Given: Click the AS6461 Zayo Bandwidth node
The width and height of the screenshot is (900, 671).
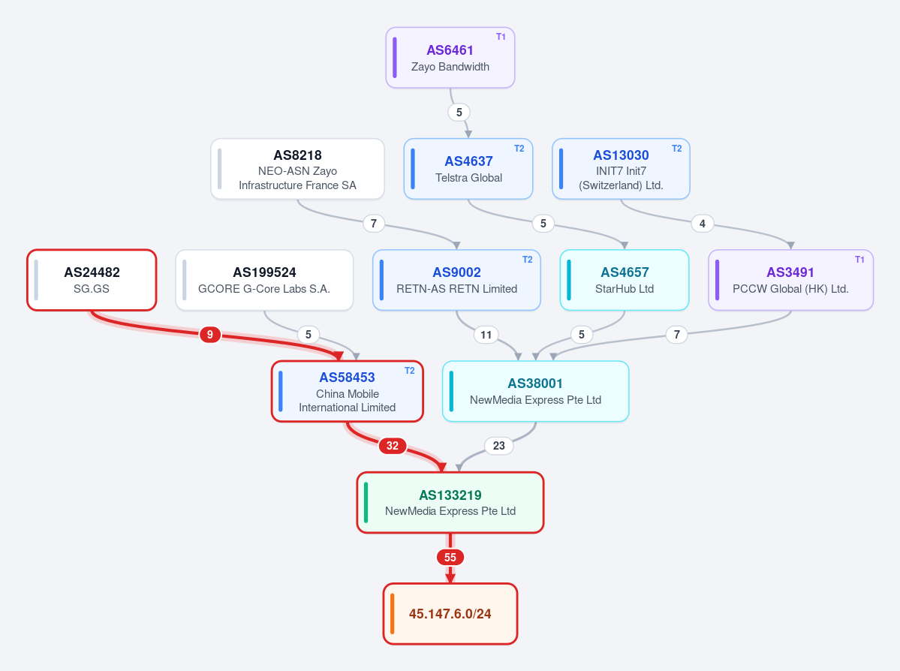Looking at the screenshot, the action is (x=450, y=57).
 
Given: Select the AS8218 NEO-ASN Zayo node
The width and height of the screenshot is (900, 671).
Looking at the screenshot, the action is (x=297, y=169).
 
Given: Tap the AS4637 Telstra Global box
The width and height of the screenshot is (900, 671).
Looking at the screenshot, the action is (x=468, y=169).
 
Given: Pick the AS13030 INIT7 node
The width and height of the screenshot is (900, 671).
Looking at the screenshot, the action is (x=621, y=169).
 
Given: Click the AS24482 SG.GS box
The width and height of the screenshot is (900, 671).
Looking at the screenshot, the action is (x=92, y=280).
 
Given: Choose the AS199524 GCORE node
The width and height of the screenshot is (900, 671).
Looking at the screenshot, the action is (x=264, y=280).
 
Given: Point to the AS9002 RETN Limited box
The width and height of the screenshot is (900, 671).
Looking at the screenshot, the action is (x=457, y=280).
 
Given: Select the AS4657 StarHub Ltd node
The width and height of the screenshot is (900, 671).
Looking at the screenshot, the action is (x=625, y=280).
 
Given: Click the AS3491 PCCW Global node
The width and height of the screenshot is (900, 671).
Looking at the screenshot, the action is (x=791, y=280).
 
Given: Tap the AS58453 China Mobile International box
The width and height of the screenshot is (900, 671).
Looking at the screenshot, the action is (x=348, y=392).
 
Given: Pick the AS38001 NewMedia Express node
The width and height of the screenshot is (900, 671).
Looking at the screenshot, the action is (x=535, y=392).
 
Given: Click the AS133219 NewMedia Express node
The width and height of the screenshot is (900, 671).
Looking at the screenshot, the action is (x=450, y=503).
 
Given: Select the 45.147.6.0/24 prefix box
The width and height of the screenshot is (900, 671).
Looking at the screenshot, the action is (x=450, y=614).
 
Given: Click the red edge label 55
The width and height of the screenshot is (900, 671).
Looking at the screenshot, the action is (x=450, y=558).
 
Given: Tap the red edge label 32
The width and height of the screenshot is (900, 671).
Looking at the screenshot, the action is (x=393, y=446).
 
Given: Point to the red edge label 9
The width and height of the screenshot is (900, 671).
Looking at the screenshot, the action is (x=210, y=335).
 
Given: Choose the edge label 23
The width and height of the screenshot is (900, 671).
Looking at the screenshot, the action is (x=498, y=446).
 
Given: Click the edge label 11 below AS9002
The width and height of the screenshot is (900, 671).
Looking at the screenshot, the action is (x=486, y=335).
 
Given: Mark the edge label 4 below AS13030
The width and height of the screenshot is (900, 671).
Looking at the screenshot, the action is (x=703, y=223).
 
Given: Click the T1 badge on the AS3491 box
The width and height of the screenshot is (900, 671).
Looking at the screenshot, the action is (x=859, y=260).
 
